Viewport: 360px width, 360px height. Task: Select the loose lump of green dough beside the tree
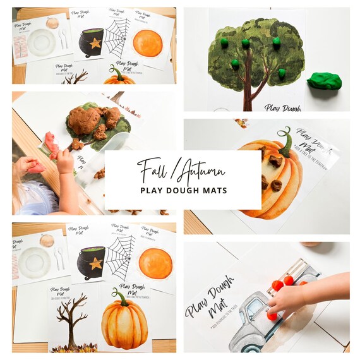pos(325,81)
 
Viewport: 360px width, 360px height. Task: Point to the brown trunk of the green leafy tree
pos(249,88)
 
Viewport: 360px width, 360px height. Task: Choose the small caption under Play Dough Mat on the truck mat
pos(221,316)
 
